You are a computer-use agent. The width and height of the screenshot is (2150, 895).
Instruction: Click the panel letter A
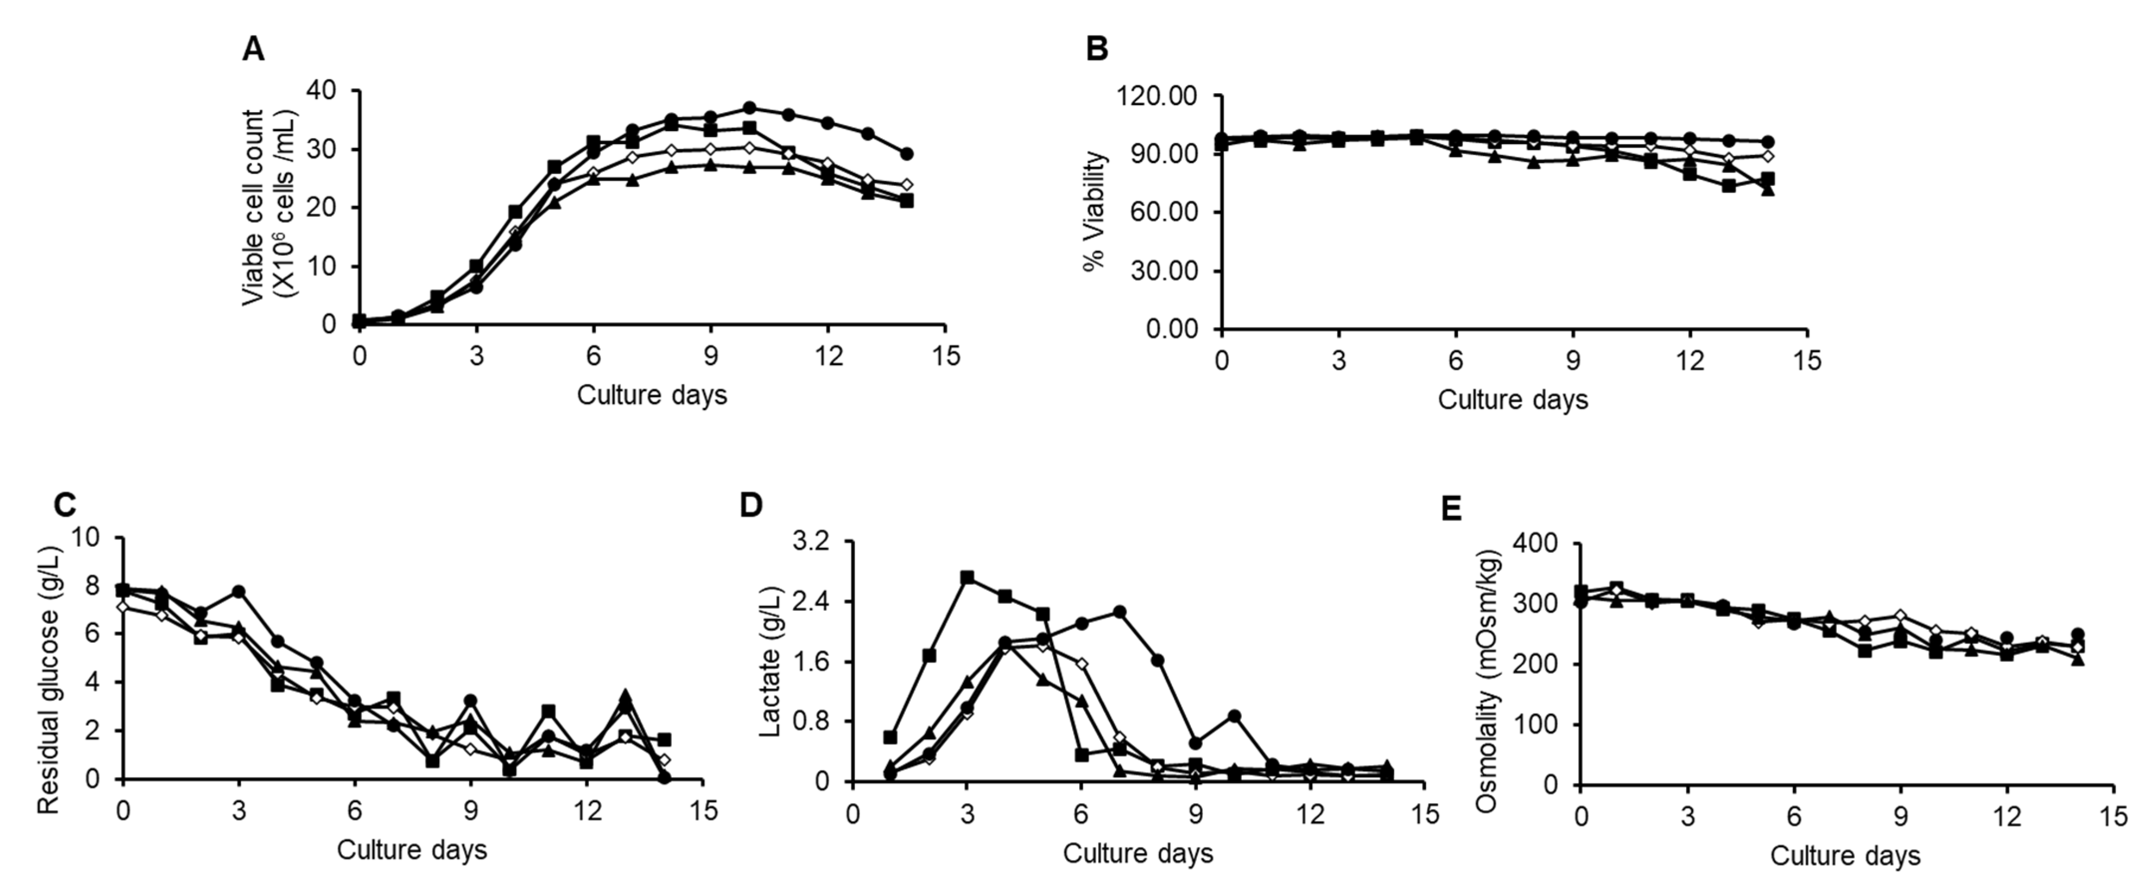[x=253, y=50]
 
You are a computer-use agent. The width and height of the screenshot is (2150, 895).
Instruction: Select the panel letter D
[x=751, y=506]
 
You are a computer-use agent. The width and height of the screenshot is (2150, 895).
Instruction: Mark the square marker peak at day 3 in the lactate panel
[x=967, y=577]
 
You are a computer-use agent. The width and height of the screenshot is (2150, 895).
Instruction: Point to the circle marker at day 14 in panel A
[x=906, y=154]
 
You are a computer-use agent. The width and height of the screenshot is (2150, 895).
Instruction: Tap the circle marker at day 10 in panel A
[x=749, y=108]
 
